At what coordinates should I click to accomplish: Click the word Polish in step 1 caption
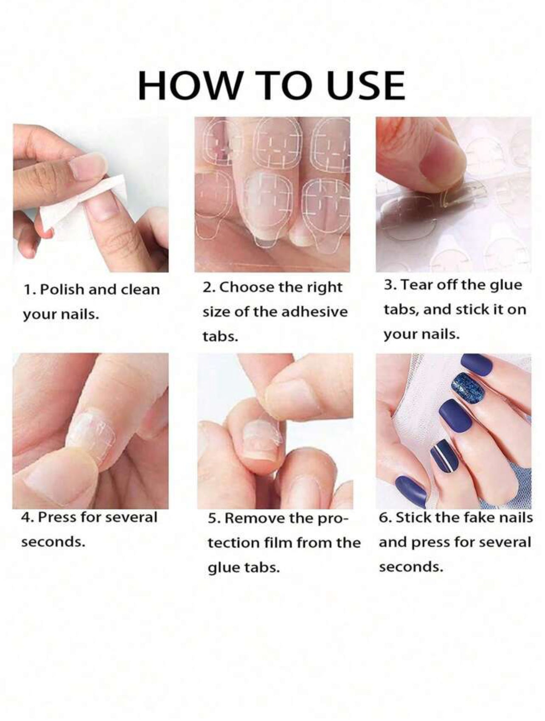[62, 290]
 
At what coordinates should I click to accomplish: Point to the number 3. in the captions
[390, 285]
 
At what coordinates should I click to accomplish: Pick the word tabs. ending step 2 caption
[220, 337]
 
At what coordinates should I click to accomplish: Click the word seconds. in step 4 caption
[51, 542]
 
